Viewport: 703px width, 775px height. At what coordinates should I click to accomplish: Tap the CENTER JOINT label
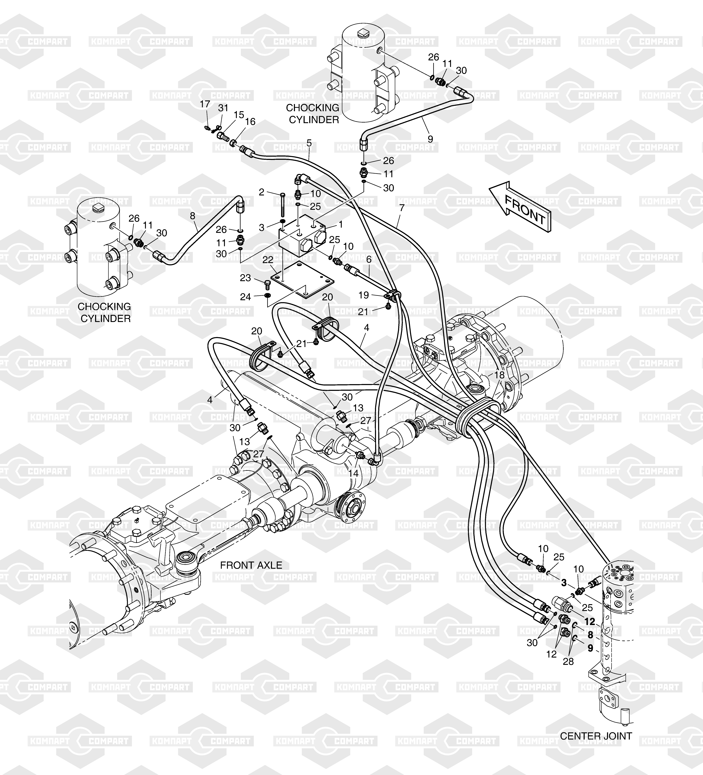point(596,736)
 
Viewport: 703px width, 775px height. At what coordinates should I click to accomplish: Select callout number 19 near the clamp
point(364,295)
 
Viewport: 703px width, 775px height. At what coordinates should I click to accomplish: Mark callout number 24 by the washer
point(245,297)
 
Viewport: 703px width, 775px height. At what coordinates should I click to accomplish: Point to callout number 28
point(568,661)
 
